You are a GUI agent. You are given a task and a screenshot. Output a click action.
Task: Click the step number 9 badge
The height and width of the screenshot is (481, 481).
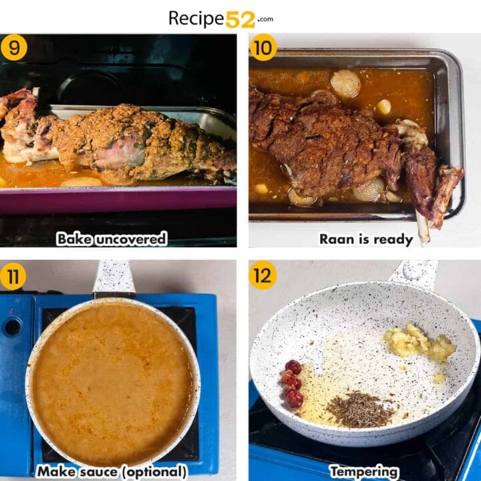coord(14,47)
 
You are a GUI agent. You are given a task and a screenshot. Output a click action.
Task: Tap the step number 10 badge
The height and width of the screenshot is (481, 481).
coord(263,47)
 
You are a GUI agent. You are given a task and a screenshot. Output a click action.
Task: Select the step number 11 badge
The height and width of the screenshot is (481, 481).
coord(13,275)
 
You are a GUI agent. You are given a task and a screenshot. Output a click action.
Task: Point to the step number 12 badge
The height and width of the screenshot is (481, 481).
coord(263,275)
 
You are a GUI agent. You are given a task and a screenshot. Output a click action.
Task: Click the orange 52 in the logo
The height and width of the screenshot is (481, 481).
coord(240,19)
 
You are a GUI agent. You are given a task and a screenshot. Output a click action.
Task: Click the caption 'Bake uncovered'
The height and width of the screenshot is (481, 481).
coord(112,238)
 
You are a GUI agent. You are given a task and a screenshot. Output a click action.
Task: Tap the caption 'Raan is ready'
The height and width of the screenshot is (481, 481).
coord(365,238)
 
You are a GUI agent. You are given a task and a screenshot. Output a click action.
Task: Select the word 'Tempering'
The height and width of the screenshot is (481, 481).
coord(365,472)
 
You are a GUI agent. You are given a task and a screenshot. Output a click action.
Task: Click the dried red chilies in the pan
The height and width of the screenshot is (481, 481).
coord(292,383)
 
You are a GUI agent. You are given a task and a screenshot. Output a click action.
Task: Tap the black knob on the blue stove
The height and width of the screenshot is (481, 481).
coord(12,327)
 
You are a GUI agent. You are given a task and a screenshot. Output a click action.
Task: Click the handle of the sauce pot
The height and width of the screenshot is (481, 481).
coord(114,277)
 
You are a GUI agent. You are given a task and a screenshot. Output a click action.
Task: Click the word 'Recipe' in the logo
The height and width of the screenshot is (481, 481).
coord(196,19)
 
